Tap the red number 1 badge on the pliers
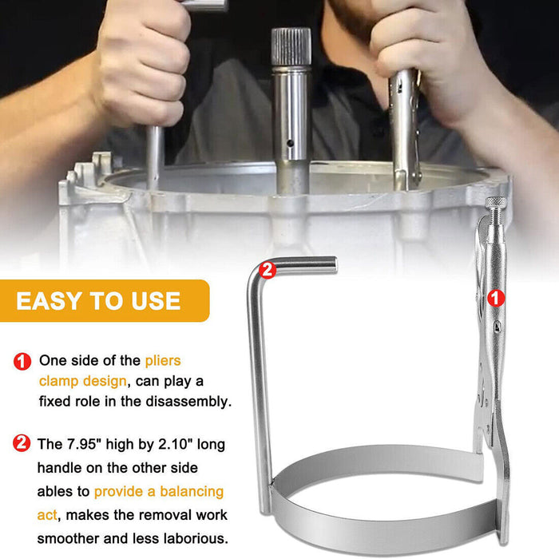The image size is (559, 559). tap(496, 298)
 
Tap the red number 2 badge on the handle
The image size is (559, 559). tap(268, 270)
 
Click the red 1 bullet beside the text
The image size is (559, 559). tap(22, 361)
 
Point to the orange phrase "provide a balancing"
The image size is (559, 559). tap(159, 491)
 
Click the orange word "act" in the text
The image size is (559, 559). tap(49, 514)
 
